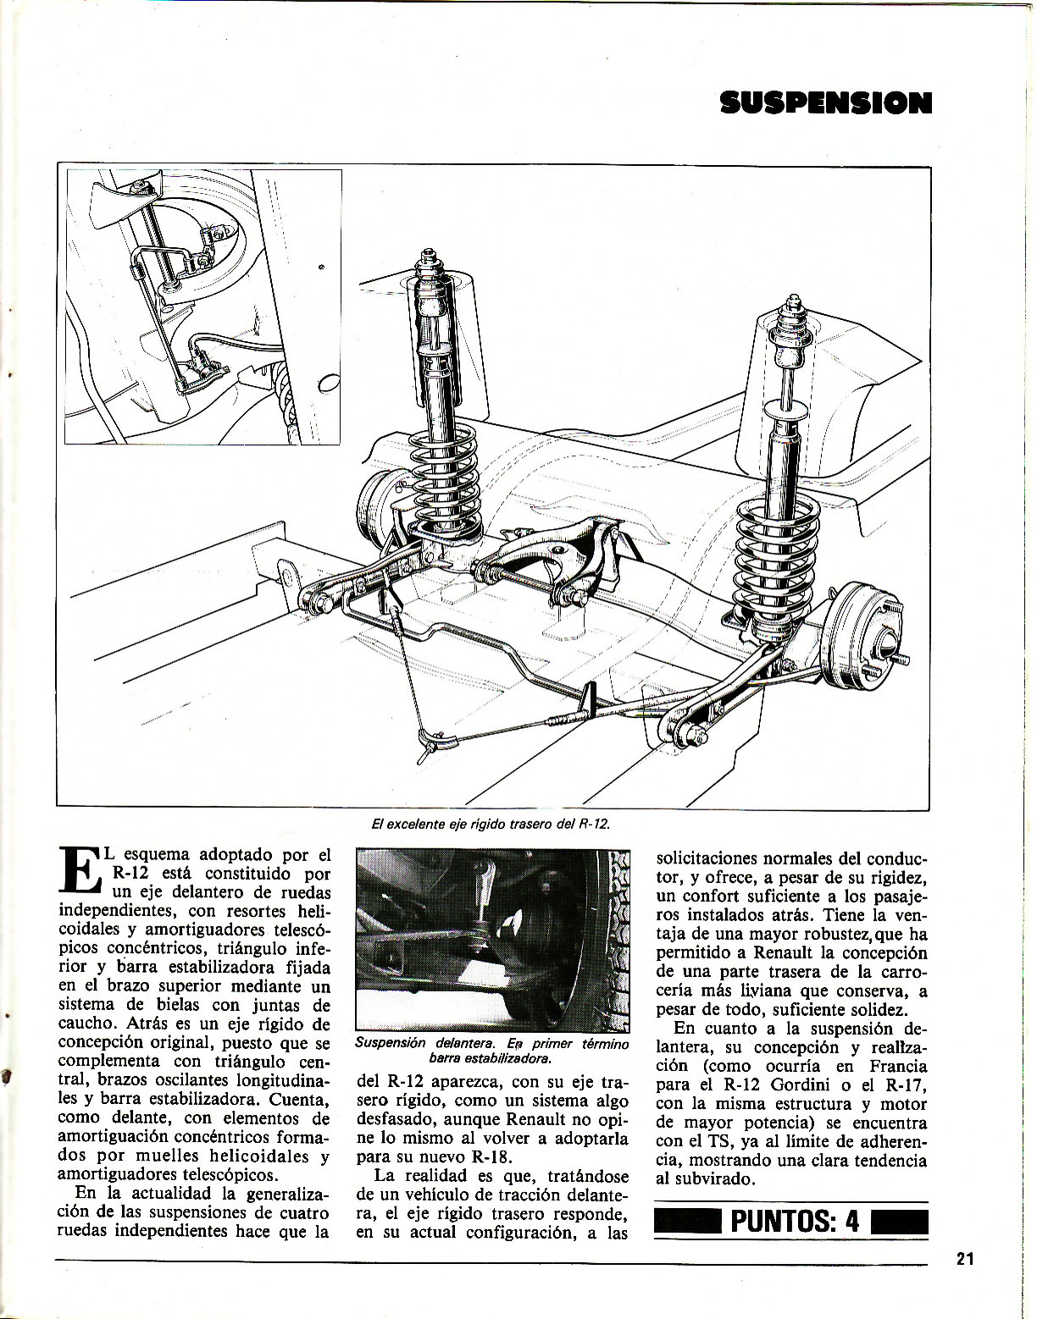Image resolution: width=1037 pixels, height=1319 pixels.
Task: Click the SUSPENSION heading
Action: click(x=825, y=103)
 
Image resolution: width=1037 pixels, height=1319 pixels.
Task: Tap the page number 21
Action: click(x=965, y=1259)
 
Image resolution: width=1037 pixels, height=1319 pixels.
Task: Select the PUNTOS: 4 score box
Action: click(x=792, y=1222)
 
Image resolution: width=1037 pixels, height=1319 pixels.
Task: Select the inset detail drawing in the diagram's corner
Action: click(x=203, y=306)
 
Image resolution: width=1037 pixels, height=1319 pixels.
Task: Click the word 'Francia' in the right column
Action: click(x=898, y=1067)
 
